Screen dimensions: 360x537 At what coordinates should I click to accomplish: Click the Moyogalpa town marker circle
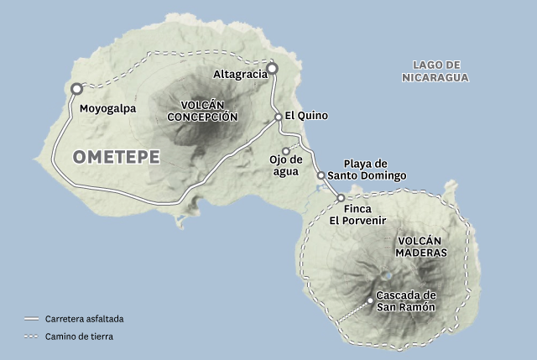[76, 88]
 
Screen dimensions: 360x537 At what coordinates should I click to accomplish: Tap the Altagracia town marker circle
[272, 68]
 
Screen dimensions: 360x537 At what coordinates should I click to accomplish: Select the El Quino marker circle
[279, 117]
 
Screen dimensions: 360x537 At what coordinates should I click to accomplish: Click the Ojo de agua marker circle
[286, 151]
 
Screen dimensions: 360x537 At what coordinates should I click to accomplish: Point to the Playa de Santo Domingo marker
[321, 175]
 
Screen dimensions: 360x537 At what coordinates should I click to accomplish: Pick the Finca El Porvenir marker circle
[341, 197]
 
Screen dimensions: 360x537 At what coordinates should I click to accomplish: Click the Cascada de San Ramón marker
[370, 300]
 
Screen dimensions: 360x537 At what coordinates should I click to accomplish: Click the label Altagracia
[239, 73]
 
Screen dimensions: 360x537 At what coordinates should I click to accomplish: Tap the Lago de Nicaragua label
[435, 71]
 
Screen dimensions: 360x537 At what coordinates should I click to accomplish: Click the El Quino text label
[305, 116]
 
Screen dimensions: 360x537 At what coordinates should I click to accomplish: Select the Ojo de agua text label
[284, 165]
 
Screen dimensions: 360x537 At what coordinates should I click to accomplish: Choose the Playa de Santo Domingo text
[367, 170]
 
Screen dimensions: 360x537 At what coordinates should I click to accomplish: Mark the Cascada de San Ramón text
[406, 300]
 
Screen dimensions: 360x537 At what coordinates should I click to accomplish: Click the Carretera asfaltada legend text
[85, 320]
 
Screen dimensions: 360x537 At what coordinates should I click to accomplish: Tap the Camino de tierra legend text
[79, 337]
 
